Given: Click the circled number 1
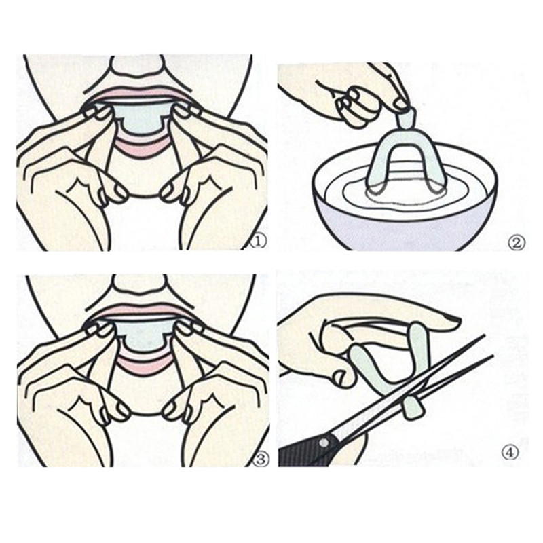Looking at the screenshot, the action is pyautogui.click(x=259, y=242).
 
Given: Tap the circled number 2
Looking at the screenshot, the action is pyautogui.click(x=517, y=243).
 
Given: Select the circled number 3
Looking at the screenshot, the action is pyautogui.click(x=261, y=460).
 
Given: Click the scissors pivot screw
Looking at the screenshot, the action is pyautogui.click(x=324, y=443).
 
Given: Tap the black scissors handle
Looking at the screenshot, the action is pyautogui.click(x=305, y=450).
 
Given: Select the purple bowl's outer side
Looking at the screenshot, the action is pyautogui.click(x=405, y=230).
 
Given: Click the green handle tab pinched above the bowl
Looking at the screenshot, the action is pyautogui.click(x=405, y=117).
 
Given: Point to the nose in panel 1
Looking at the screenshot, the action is pyautogui.click(x=137, y=67).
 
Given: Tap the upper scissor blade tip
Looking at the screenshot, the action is pyautogui.click(x=483, y=335).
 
